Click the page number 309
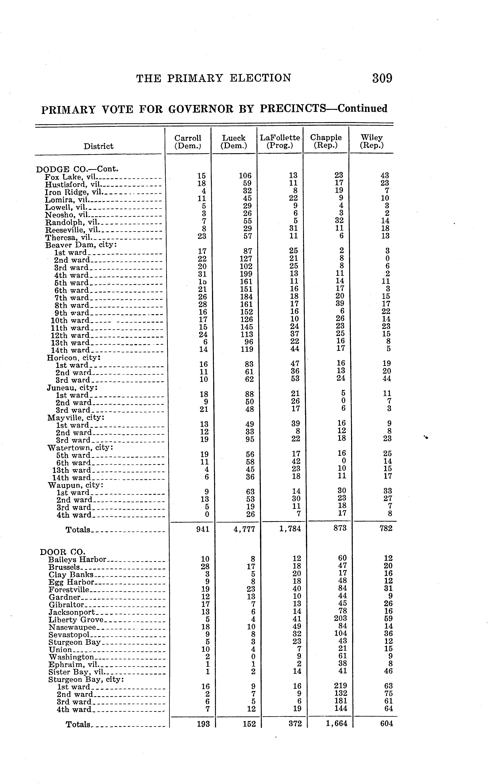coord(382,78)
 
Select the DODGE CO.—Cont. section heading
coord(78,169)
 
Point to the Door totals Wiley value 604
coord(386,724)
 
